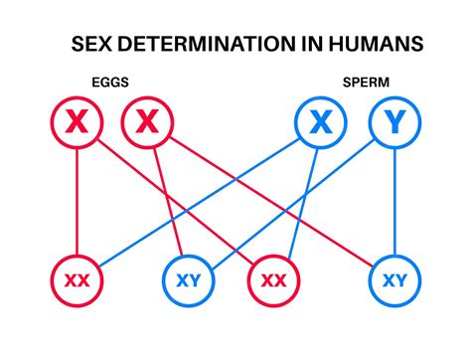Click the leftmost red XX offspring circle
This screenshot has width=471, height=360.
point(76,281)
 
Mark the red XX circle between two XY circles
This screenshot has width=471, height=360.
point(272,281)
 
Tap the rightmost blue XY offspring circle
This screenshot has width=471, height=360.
point(394,281)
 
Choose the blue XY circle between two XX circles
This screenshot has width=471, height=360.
point(188,281)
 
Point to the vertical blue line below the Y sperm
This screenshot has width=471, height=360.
point(394,204)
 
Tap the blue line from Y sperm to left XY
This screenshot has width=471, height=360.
point(294,201)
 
